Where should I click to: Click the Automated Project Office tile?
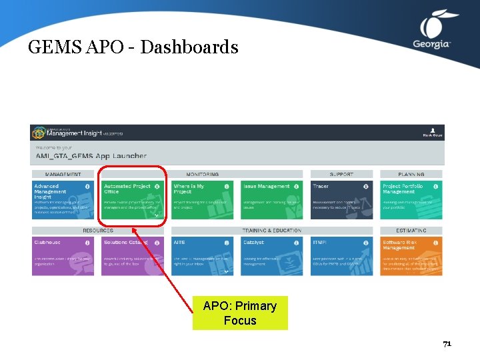132,199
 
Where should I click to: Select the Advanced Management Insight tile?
63,199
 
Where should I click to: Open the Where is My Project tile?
201,199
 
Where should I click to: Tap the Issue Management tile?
271,199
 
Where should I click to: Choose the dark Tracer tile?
341,199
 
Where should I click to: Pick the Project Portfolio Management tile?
411,199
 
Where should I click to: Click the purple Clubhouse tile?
63,255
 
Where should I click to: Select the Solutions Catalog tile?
132,255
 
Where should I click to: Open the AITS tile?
201,255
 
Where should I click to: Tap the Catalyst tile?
271,255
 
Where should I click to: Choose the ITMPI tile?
341,255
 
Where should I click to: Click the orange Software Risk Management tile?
411,255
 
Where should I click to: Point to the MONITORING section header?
202,175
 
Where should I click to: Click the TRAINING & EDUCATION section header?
271,231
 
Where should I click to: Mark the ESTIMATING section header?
411,231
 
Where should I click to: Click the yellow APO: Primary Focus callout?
240,313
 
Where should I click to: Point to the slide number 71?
447,344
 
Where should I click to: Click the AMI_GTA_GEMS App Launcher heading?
91,156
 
